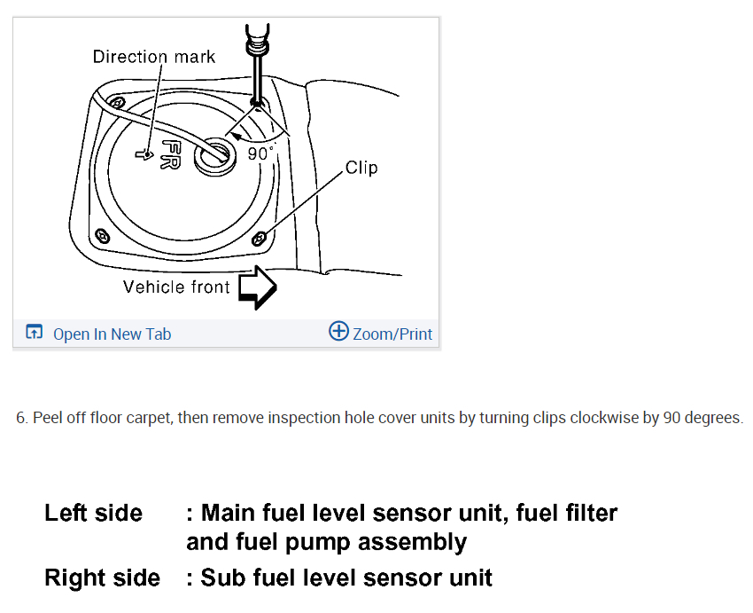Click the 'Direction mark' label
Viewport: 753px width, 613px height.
pos(154,57)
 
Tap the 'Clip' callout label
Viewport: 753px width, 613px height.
pos(361,168)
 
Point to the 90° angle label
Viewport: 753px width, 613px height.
pos(261,153)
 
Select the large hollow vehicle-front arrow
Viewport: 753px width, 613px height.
pos(258,287)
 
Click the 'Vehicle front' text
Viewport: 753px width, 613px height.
pos(176,287)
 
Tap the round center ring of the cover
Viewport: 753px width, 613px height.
pos(215,153)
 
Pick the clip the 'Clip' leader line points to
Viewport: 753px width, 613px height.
pos(259,237)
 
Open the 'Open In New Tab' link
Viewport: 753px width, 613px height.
pos(112,334)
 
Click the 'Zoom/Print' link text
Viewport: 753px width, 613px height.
pos(392,334)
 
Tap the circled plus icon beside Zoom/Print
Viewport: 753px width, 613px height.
pos(338,332)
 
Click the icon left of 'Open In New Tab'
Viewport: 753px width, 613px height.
pos(35,333)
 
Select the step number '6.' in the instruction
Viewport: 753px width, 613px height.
pos(22,418)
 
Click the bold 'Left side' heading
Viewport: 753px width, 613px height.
pos(93,513)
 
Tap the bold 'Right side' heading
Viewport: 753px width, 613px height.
pos(102,578)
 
